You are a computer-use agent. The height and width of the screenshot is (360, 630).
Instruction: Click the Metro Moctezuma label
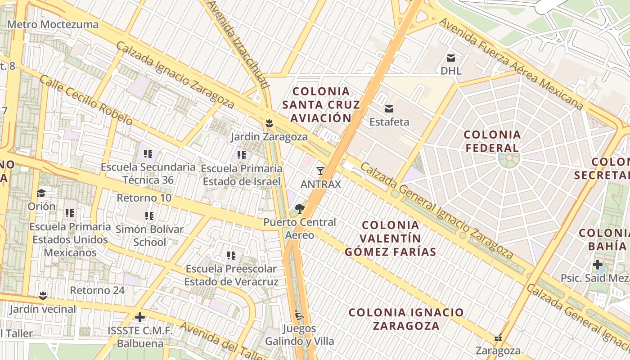click(x=53, y=24)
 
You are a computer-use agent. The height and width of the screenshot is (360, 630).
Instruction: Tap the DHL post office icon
click(x=451, y=58)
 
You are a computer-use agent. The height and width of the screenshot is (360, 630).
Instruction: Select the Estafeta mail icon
click(x=389, y=109)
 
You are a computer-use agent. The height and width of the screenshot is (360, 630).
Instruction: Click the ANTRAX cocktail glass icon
click(x=320, y=171)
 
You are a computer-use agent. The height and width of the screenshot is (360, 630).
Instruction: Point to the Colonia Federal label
click(x=492, y=141)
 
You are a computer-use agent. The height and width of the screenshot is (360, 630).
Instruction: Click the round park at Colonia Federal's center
click(x=509, y=158)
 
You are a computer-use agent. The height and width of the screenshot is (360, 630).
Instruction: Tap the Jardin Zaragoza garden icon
click(x=269, y=123)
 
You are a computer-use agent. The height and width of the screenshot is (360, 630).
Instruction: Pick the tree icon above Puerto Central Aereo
click(x=299, y=209)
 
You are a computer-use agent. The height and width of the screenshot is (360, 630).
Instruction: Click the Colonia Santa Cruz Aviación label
click(x=321, y=105)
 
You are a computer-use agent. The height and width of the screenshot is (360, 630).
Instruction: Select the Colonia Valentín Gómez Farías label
click(x=391, y=238)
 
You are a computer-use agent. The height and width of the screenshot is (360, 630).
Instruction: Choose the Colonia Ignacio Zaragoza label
click(x=406, y=319)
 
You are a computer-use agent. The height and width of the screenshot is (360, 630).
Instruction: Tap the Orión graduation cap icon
click(x=41, y=193)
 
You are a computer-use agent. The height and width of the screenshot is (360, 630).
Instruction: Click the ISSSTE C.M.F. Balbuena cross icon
click(x=140, y=317)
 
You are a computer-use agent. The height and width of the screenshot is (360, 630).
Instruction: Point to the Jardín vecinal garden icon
click(x=43, y=296)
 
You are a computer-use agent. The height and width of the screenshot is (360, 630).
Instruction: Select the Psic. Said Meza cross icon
click(x=598, y=265)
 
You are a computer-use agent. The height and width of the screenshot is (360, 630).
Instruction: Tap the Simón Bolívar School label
click(x=149, y=236)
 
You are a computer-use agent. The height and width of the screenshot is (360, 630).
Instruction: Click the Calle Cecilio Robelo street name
click(x=85, y=100)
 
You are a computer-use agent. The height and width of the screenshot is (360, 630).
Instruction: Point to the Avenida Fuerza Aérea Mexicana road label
click(x=511, y=63)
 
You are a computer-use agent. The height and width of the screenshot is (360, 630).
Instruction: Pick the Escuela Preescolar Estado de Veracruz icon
click(x=231, y=256)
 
